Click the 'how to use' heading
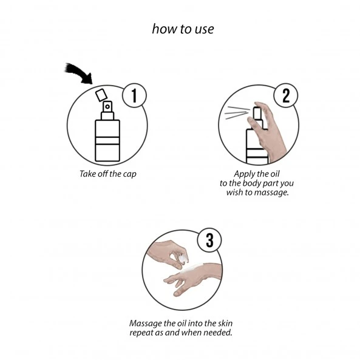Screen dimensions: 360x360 (x=183, y=29)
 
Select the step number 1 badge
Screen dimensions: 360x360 (x=134, y=95)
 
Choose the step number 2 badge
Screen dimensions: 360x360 (x=286, y=95)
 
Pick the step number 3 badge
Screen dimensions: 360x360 (x=209, y=240)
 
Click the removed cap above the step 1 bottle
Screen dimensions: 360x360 (x=101, y=95)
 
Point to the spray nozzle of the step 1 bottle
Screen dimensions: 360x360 (x=107, y=106)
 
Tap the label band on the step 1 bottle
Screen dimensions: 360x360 (x=107, y=140)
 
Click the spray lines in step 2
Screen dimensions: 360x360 (x=237, y=113)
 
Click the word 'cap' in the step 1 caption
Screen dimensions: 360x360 (x=130, y=174)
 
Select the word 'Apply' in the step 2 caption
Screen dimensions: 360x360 (x=244, y=174)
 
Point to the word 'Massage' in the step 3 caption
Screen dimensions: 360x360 (x=146, y=324)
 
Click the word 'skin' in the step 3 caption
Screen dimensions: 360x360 (x=225, y=323)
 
